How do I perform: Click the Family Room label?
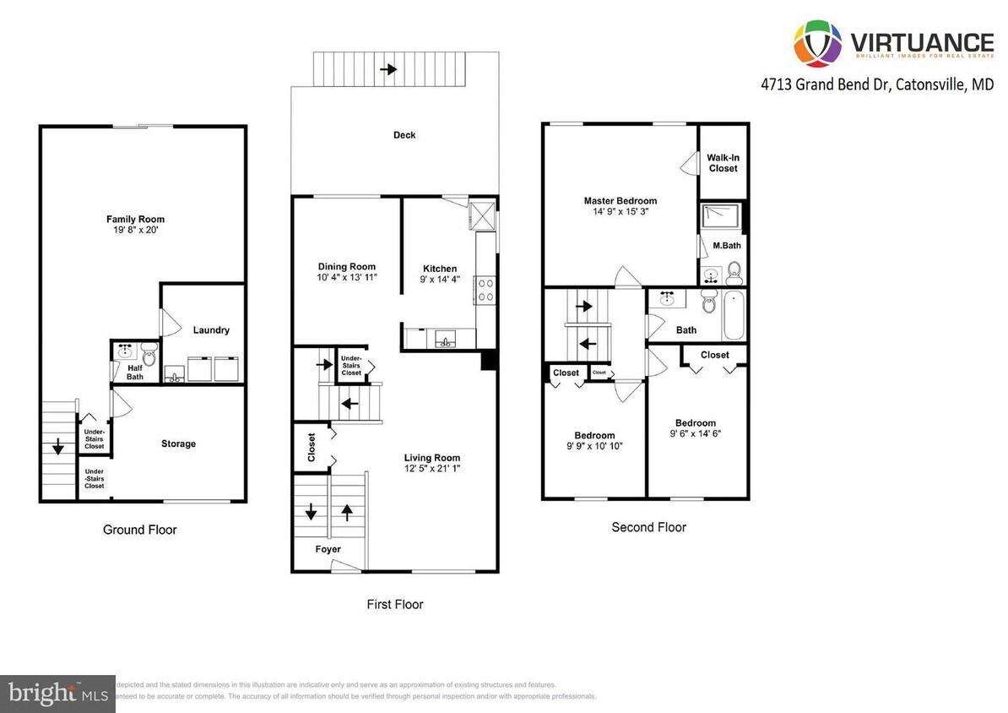[135, 220]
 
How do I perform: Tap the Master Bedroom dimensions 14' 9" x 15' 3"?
[620, 213]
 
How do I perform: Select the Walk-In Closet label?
[723, 163]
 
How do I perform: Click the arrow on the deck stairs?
[388, 68]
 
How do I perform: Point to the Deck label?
[404, 135]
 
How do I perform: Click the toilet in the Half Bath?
[149, 349]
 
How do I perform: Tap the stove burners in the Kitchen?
[486, 290]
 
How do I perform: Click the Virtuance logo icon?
[818, 42]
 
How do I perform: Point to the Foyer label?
[328, 549]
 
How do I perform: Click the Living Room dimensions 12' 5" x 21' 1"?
[431, 469]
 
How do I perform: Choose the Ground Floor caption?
[140, 530]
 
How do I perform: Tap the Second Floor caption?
[648, 527]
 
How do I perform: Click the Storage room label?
[178, 444]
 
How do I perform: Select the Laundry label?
[210, 330]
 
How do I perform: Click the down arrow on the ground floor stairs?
[58, 448]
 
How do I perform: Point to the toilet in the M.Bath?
[734, 270]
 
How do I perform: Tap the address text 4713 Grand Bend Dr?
[825, 84]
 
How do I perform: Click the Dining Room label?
[346, 267]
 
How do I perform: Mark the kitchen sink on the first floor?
[443, 340]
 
